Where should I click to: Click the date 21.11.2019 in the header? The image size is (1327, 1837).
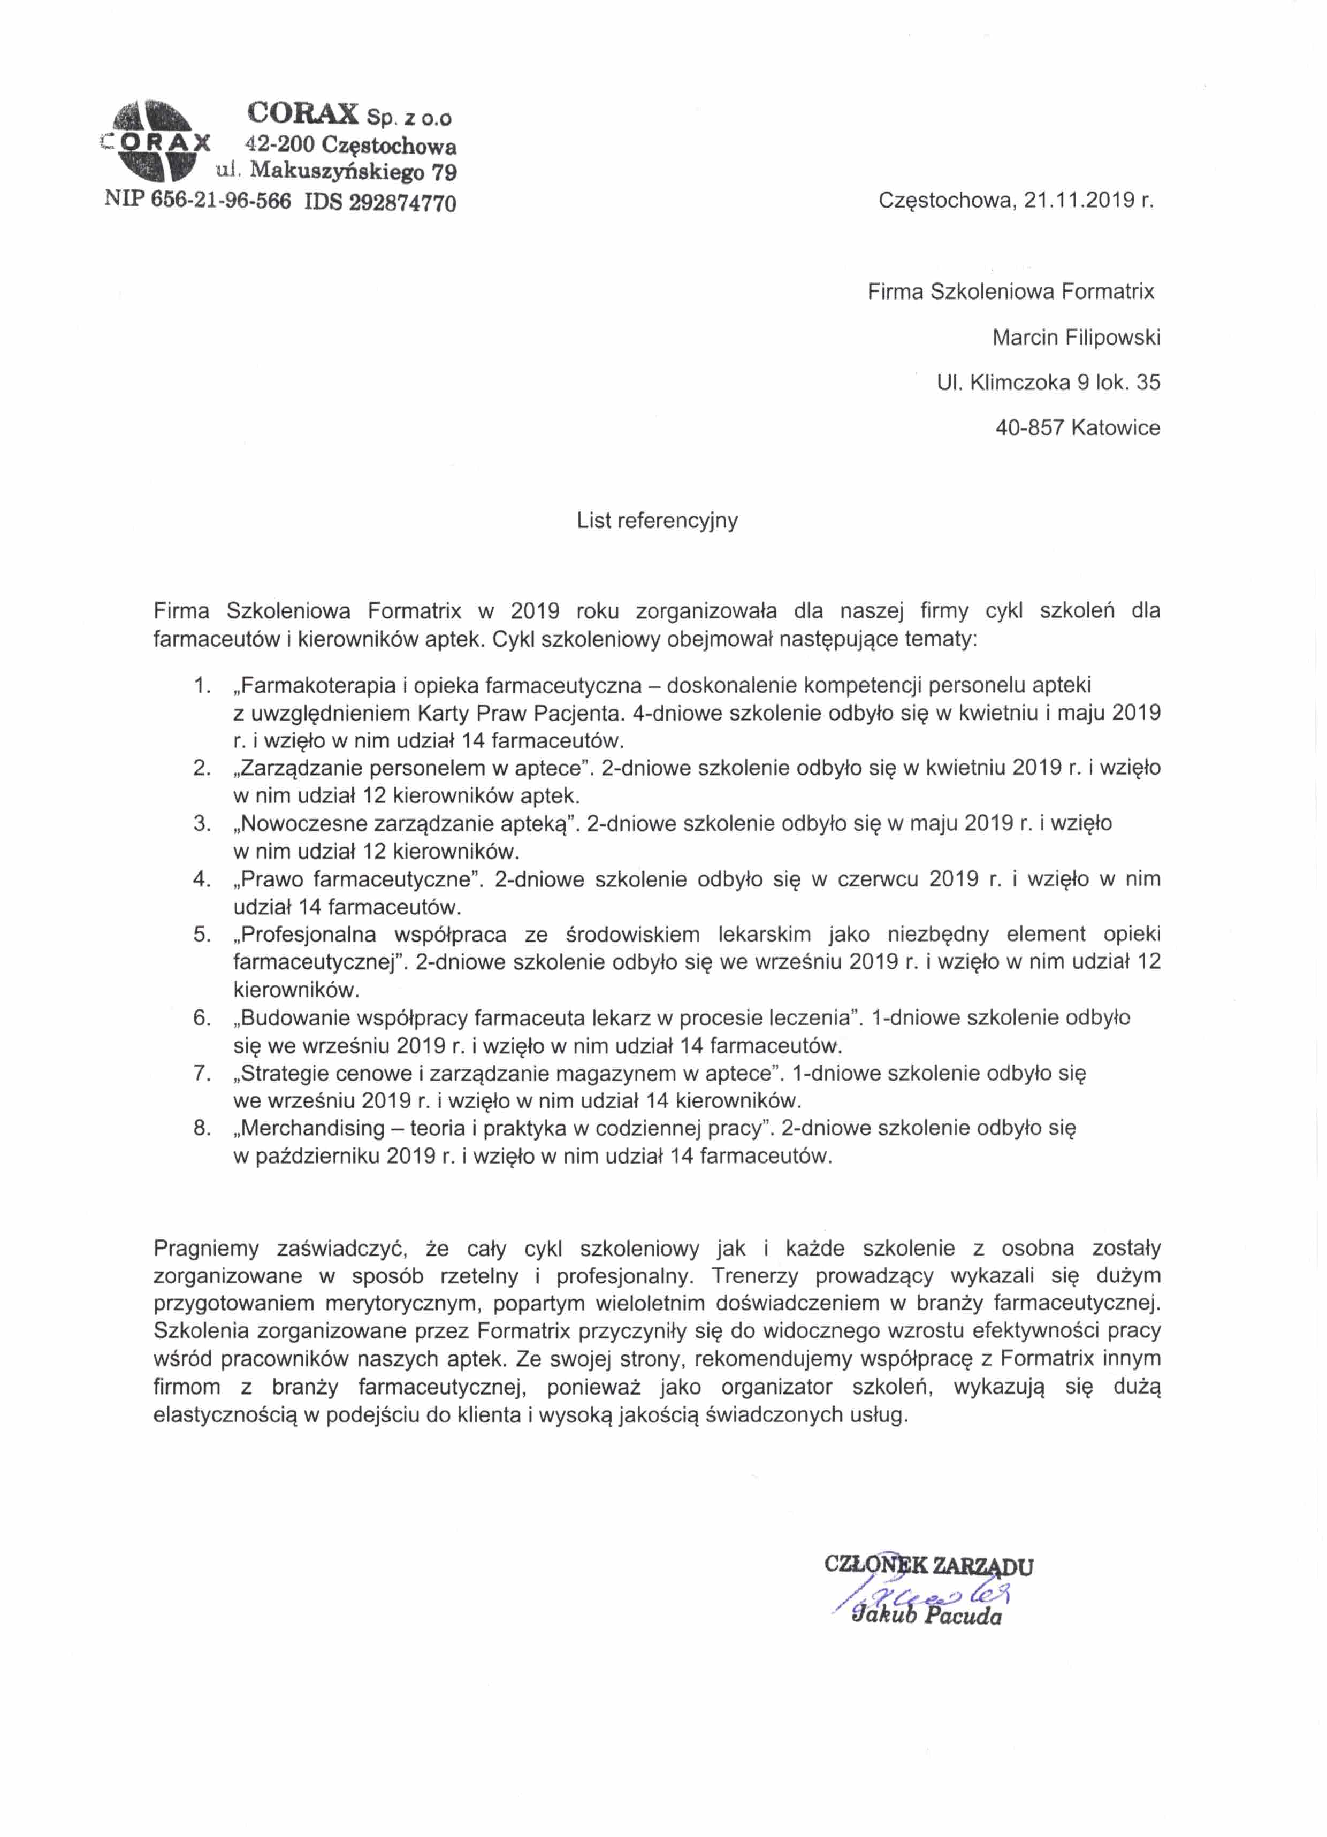tap(1078, 201)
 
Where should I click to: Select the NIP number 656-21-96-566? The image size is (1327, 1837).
tap(220, 201)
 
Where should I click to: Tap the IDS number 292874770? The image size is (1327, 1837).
tap(402, 202)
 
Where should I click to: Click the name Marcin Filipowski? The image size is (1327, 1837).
tap(1076, 337)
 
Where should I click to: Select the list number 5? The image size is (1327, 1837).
tap(202, 934)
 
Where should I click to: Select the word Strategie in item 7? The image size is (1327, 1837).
tap(290, 1073)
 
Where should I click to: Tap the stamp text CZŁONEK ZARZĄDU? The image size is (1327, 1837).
tap(928, 1565)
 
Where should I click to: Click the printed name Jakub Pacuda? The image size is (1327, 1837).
tap(926, 1618)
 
